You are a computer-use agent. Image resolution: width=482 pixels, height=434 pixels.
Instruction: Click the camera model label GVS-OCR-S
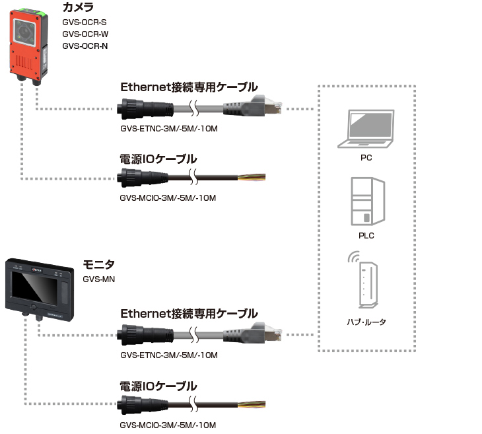point(85,22)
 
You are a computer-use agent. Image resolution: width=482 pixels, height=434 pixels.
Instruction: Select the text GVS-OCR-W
point(85,34)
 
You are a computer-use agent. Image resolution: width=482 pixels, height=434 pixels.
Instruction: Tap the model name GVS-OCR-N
point(85,46)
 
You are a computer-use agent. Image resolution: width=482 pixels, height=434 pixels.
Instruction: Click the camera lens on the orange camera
point(24,32)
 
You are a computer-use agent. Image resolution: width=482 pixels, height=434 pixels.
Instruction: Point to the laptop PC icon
point(366,129)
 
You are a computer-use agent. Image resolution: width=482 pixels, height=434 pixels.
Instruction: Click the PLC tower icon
point(368,201)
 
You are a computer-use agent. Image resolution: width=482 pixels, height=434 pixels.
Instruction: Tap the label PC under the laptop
point(366,158)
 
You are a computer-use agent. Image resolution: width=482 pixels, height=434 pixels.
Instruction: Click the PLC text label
point(366,236)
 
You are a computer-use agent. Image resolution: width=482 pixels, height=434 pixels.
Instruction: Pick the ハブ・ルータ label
point(366,322)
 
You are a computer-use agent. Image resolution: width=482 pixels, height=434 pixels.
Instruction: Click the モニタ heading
point(98,264)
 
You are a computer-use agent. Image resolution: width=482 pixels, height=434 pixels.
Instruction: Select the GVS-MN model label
point(98,279)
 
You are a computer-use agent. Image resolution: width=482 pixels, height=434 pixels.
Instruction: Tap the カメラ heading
point(78,7)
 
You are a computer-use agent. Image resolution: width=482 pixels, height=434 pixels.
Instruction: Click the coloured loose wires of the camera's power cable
point(252,177)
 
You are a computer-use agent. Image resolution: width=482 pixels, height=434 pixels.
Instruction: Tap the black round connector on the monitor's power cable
point(142,404)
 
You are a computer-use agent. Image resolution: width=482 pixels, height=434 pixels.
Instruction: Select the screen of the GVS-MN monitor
point(34,286)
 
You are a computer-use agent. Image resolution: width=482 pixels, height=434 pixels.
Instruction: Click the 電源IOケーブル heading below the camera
point(158,159)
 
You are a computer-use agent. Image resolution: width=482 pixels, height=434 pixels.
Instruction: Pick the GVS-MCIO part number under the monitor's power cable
point(168,425)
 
